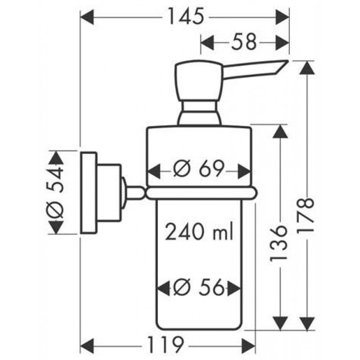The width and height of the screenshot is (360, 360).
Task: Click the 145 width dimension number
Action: pyautogui.click(x=184, y=18)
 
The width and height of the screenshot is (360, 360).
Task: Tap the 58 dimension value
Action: pyautogui.click(x=245, y=43)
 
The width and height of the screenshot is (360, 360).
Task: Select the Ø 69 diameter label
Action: pyautogui.click(x=199, y=171)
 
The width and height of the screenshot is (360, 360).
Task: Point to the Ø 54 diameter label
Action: pyautogui.click(x=56, y=192)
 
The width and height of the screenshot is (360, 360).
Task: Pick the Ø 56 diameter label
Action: pyautogui.click(x=199, y=287)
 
